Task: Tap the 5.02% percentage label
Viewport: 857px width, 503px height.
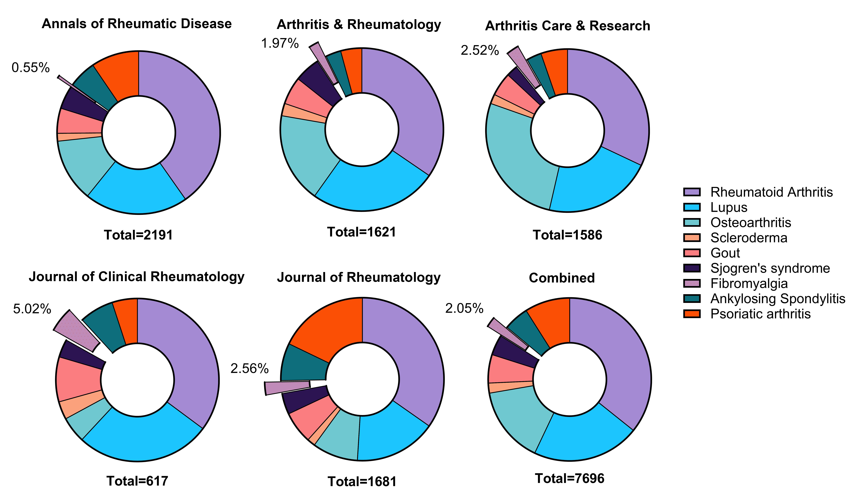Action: (32, 309)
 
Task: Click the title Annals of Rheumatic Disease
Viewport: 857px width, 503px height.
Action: (137, 24)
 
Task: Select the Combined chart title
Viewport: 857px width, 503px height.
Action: (562, 278)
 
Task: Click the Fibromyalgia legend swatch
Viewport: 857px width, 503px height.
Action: (692, 283)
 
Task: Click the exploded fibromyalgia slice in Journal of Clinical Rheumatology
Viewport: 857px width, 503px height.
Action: (76, 330)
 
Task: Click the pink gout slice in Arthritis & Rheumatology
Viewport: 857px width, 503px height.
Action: (308, 99)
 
